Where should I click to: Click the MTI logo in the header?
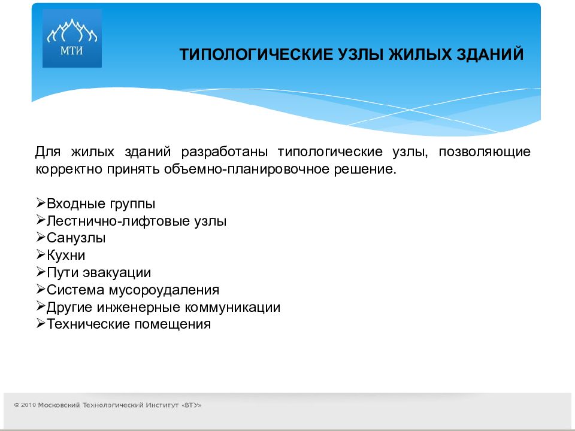tap(72, 38)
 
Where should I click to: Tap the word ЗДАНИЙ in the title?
tap(489, 54)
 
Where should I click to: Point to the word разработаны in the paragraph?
tap(225, 151)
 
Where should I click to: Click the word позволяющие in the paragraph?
tap(485, 151)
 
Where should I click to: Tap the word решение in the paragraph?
tap(365, 169)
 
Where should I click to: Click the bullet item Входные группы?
tap(101, 204)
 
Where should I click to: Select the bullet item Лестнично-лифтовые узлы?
tap(137, 221)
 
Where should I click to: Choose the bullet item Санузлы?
tap(76, 238)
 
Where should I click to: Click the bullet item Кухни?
tap(66, 255)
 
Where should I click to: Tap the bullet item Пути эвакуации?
tap(99, 273)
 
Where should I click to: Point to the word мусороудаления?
tap(164, 290)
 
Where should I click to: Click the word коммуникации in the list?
tap(232, 307)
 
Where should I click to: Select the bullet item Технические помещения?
tap(129, 324)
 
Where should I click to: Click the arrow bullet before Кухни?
tap(40, 254)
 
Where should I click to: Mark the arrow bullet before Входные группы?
tap(40, 202)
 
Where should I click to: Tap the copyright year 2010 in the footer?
tap(28, 405)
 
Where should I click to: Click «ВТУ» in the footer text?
tap(192, 405)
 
